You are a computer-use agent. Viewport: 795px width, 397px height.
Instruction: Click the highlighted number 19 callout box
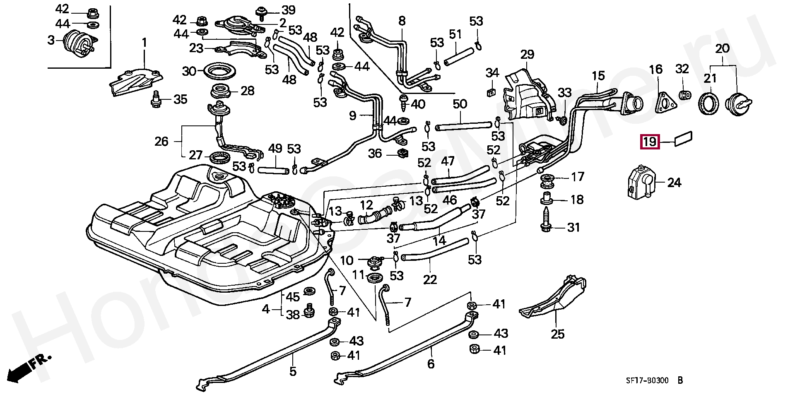point(649,142)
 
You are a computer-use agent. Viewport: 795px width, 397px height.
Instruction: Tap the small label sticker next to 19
point(684,139)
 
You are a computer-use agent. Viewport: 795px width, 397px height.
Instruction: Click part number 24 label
point(674,183)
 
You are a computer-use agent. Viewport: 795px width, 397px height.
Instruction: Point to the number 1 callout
point(145,43)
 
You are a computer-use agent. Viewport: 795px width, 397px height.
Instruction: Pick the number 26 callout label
point(161,142)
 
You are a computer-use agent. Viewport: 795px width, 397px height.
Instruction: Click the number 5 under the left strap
point(293,371)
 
